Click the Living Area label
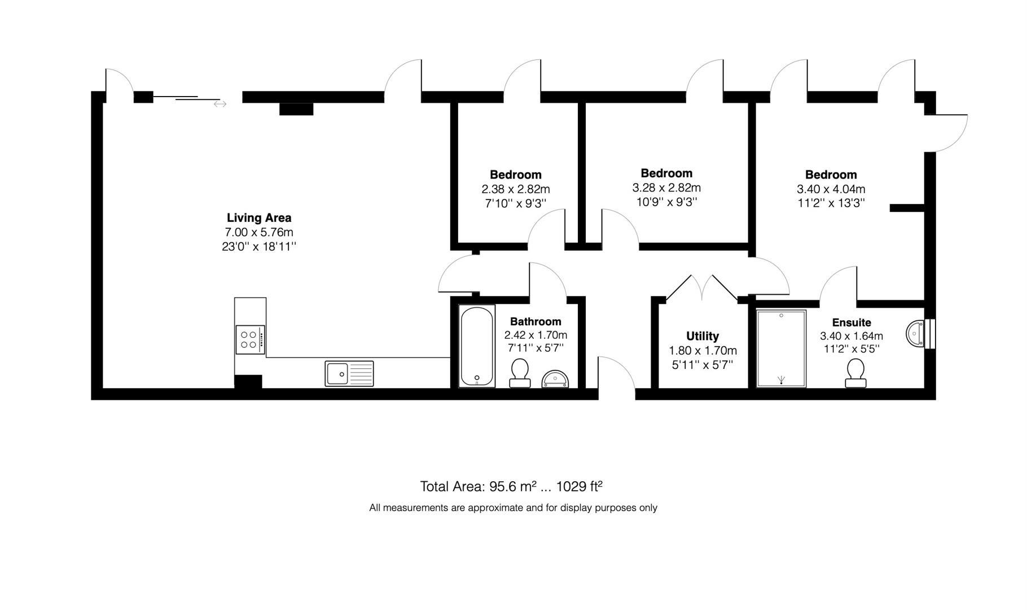[x=259, y=217]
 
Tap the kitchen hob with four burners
[x=249, y=339]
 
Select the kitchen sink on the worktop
[x=349, y=373]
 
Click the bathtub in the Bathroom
[x=477, y=346]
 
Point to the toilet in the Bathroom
[x=520, y=373]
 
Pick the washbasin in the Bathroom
[x=556, y=379]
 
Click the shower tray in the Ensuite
[x=781, y=348]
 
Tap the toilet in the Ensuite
[x=855, y=373]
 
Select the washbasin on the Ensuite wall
[x=916, y=333]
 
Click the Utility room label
[x=703, y=336]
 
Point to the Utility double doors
[x=703, y=288]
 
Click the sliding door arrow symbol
[x=220, y=104]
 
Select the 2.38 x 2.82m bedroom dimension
[x=515, y=189]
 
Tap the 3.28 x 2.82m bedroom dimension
[x=666, y=188]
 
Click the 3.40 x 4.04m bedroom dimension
[x=831, y=189]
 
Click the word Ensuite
[x=852, y=323]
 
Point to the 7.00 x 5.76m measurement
[x=259, y=232]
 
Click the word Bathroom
[x=536, y=321]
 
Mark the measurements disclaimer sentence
[x=513, y=508]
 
